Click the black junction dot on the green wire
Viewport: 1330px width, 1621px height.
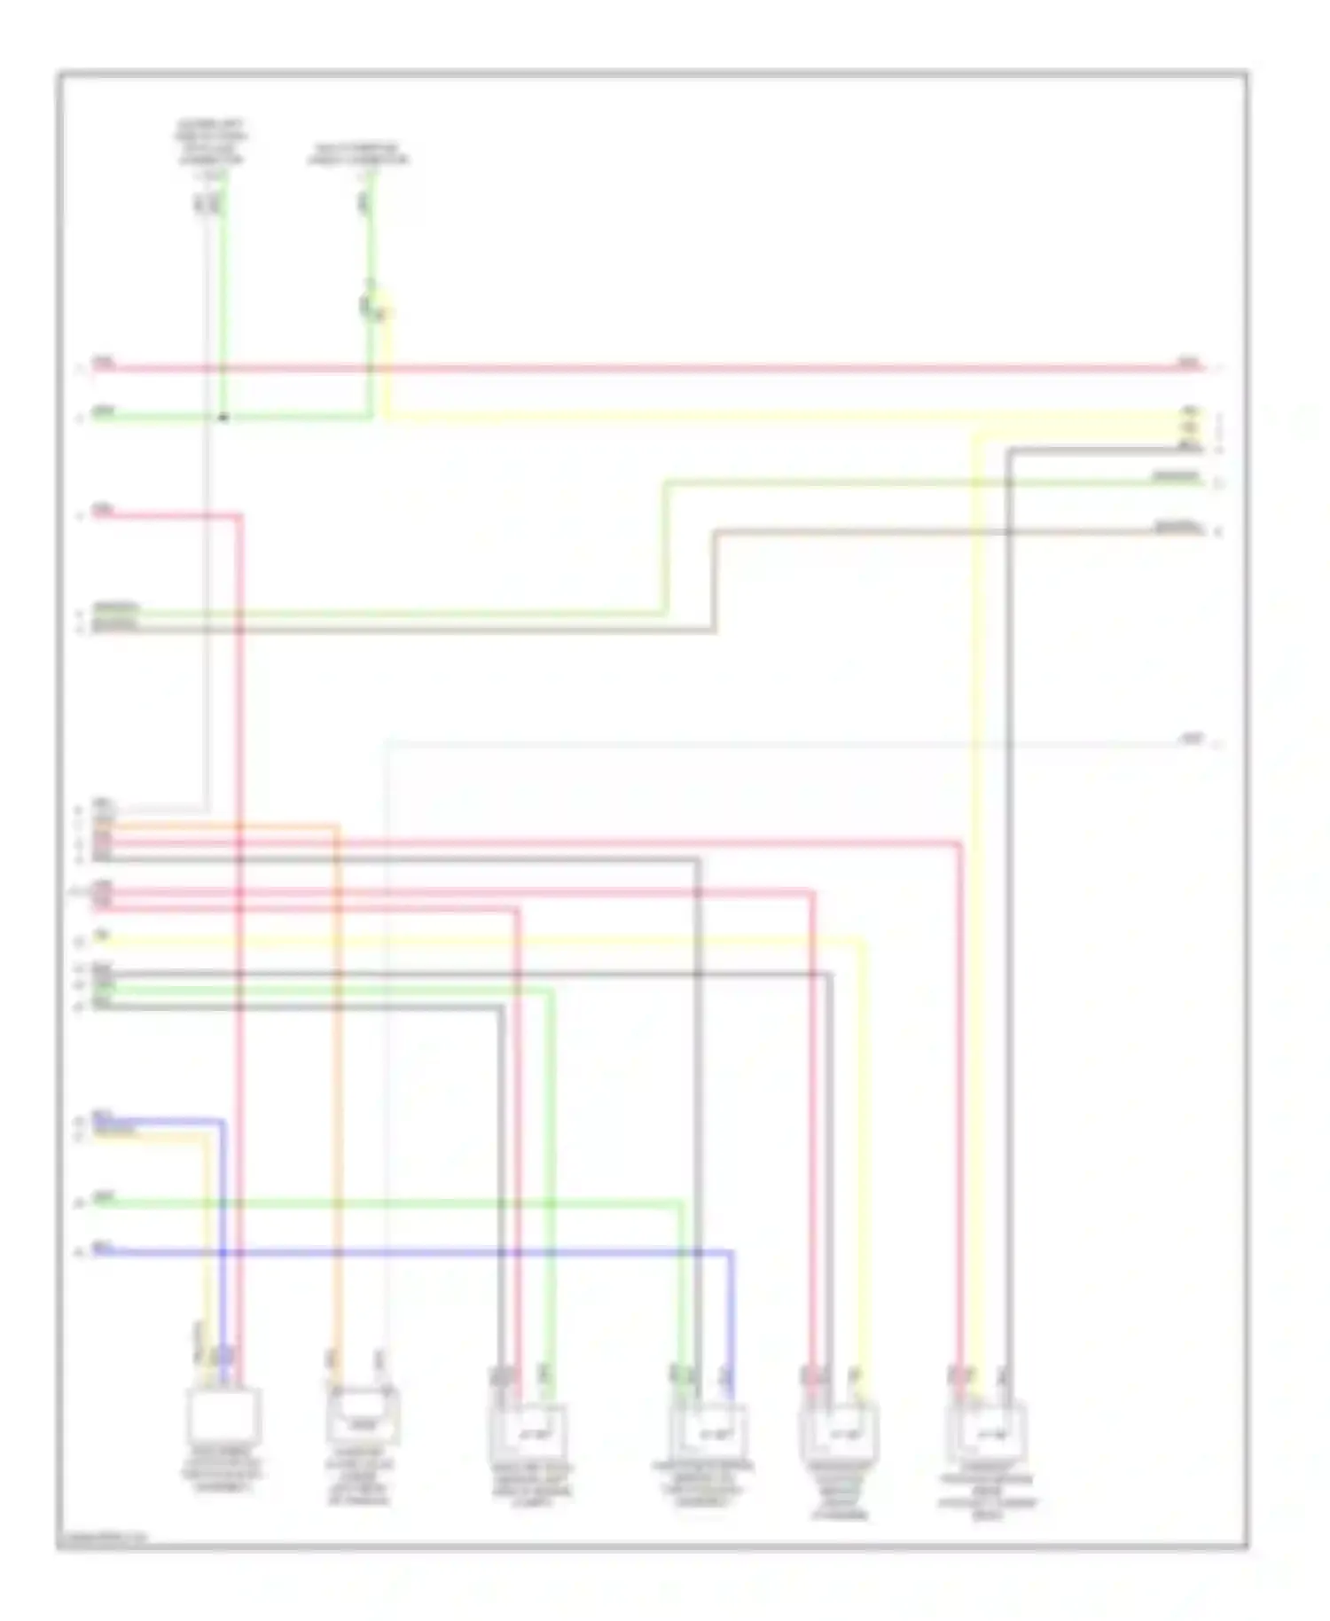pyautogui.click(x=223, y=418)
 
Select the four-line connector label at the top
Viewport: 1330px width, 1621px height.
pyautogui.click(x=210, y=143)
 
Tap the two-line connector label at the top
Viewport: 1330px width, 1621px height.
pyautogui.click(x=358, y=154)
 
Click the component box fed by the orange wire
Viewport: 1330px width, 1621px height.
pyautogui.click(x=363, y=1416)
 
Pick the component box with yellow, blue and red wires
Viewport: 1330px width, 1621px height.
pyautogui.click(x=223, y=1413)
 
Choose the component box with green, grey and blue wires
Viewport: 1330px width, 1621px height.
pyautogui.click(x=708, y=1432)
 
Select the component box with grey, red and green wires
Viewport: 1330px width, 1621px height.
pyautogui.click(x=529, y=1432)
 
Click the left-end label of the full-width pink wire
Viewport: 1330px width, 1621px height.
pyautogui.click(x=104, y=363)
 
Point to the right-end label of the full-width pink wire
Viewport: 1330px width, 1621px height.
pyautogui.click(x=1188, y=363)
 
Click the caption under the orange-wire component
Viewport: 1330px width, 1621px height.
pyautogui.click(x=359, y=1481)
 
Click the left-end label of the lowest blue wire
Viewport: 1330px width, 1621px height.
pyautogui.click(x=104, y=1249)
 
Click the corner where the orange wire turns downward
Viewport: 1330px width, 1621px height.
pyautogui.click(x=338, y=827)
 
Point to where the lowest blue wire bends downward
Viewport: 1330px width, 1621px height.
pyautogui.click(x=731, y=1252)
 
